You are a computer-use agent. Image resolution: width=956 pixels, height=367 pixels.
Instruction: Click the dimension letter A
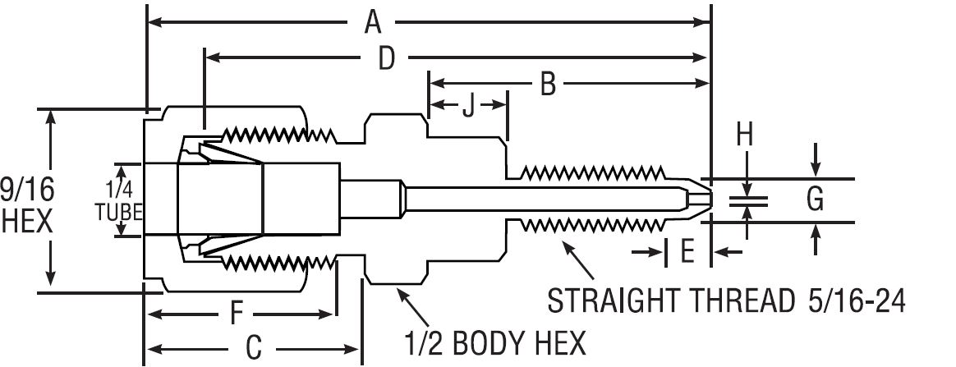[x=373, y=22]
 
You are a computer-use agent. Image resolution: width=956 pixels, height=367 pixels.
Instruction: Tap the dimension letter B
[x=547, y=83]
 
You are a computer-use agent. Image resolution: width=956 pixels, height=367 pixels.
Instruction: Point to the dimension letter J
[x=468, y=107]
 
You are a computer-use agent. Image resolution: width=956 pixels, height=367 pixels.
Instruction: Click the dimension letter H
[x=744, y=133]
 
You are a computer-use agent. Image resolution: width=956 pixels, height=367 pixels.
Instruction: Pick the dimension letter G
[x=816, y=200]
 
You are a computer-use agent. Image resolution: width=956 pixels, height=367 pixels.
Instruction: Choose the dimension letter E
[x=687, y=251]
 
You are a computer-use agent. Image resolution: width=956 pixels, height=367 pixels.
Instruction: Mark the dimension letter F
[x=237, y=314]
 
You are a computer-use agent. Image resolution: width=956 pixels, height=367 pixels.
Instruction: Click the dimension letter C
[x=254, y=348]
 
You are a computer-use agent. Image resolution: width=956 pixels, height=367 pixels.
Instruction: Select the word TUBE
[x=120, y=212]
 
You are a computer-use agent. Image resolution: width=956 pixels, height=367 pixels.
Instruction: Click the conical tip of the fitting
[x=697, y=200]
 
